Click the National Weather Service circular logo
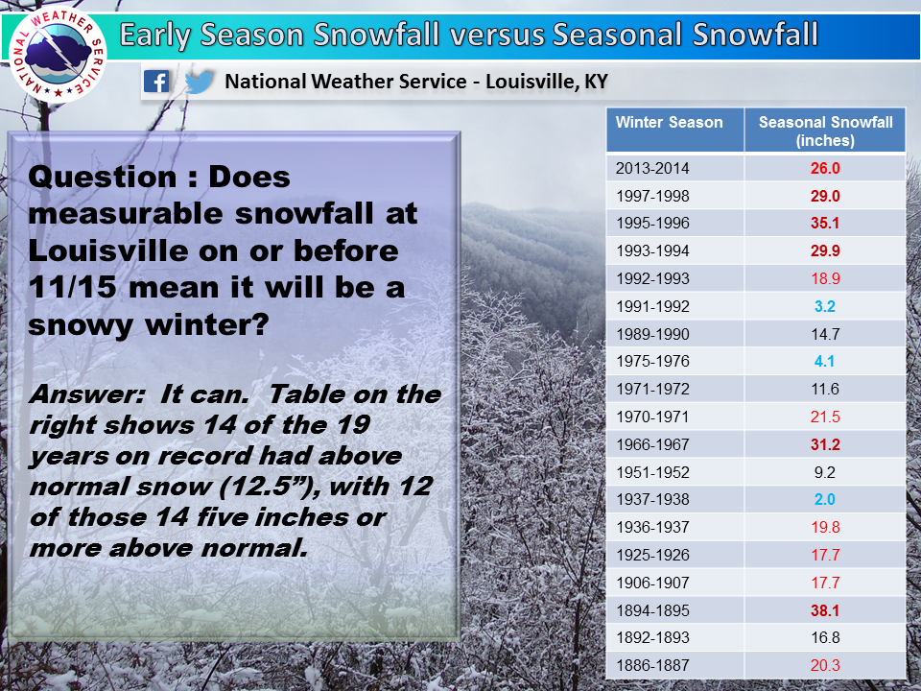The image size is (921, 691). click(58, 55)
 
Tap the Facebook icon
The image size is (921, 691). click(156, 81)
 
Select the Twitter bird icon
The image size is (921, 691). click(200, 82)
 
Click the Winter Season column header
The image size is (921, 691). click(669, 122)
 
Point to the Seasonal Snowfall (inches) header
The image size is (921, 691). click(825, 131)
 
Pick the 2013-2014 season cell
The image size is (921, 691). click(652, 169)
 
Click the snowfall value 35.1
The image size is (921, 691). click(825, 224)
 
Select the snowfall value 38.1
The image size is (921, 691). click(825, 610)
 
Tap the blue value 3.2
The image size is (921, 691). click(825, 306)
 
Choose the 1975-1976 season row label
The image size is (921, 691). click(652, 362)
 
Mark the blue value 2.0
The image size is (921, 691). click(825, 499)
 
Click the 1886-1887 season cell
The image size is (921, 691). click(652, 666)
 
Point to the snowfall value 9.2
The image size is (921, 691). click(825, 472)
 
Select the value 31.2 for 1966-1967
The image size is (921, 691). click(825, 444)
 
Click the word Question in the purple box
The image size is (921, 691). click(102, 177)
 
